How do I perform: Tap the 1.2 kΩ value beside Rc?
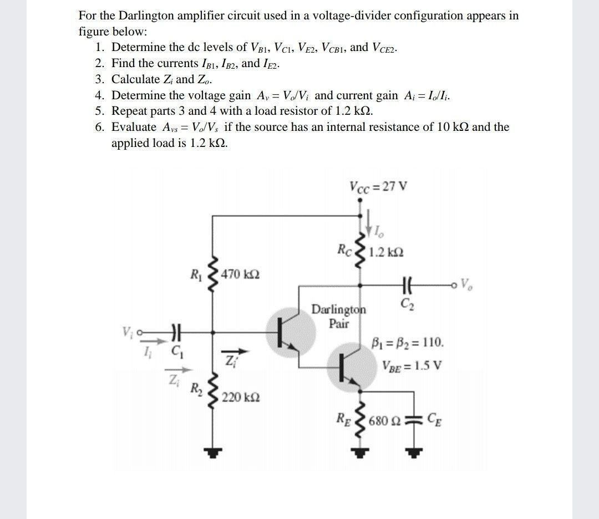(386, 252)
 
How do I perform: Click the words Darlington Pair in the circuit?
(339, 316)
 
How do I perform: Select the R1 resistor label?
(195, 273)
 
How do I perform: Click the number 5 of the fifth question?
(99, 110)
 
